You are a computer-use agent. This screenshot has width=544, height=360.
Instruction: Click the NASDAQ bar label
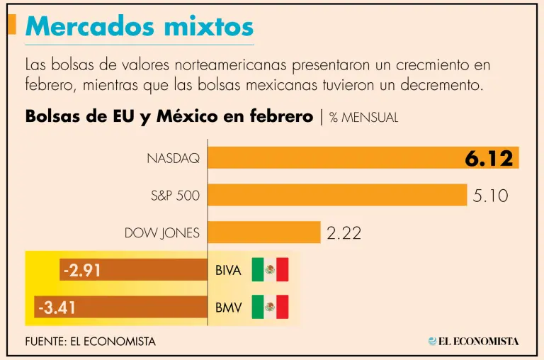click(x=173, y=158)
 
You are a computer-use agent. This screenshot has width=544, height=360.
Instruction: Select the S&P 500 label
click(x=175, y=196)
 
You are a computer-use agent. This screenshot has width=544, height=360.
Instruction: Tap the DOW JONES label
click(x=162, y=232)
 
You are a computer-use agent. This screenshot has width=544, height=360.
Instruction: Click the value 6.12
click(x=488, y=159)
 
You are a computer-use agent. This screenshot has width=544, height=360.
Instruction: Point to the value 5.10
click(x=490, y=196)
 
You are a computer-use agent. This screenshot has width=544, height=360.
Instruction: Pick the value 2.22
click(x=344, y=232)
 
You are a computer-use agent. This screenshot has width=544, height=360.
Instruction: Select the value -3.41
click(x=57, y=308)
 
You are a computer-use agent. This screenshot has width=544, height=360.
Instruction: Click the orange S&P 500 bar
click(x=337, y=195)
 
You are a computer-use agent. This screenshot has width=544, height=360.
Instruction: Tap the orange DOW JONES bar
click(x=263, y=232)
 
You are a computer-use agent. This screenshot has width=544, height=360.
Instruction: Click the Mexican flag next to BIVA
click(x=270, y=270)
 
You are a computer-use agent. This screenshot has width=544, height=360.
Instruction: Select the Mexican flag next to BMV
click(x=270, y=307)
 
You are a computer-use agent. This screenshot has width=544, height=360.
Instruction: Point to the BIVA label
click(x=228, y=271)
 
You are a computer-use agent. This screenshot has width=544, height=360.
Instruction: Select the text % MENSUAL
click(x=363, y=118)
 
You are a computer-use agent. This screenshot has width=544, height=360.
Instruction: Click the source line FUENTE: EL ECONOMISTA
click(x=90, y=342)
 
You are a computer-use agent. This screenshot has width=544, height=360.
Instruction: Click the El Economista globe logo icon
click(x=431, y=341)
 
